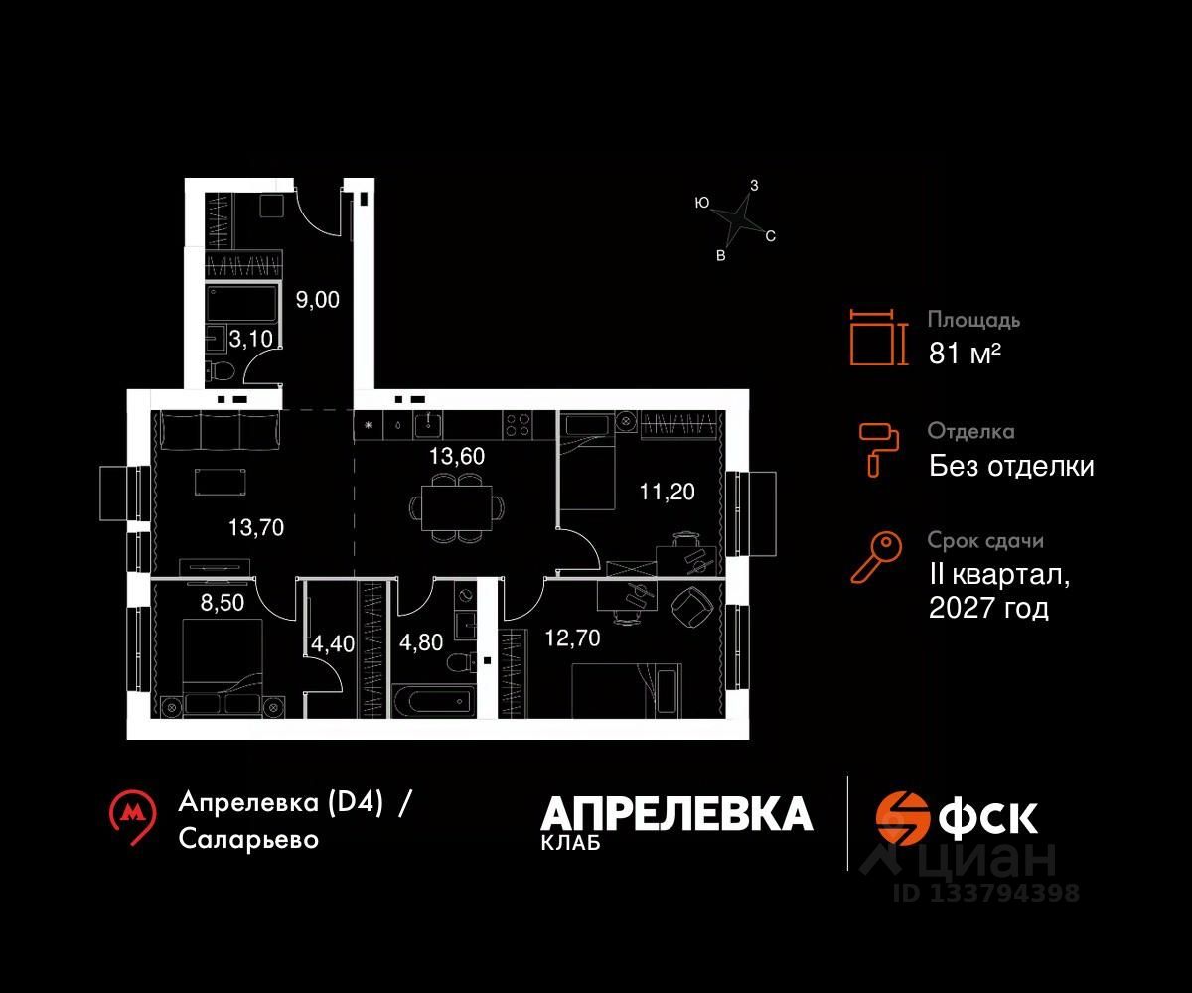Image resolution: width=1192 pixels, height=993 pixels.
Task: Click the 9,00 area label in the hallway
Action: [x=318, y=300]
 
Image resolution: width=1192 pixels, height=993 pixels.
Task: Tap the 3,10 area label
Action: [x=249, y=340]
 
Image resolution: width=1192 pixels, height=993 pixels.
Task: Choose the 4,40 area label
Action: [x=332, y=643]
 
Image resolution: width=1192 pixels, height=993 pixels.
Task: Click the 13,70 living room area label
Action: [x=256, y=527]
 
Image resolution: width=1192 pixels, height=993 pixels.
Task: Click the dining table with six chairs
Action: [x=451, y=506]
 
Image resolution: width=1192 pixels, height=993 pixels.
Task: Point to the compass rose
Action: [x=736, y=220]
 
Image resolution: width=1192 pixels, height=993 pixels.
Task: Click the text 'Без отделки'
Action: [x=1011, y=466]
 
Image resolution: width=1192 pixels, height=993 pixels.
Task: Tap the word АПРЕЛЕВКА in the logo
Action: [x=676, y=815]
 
